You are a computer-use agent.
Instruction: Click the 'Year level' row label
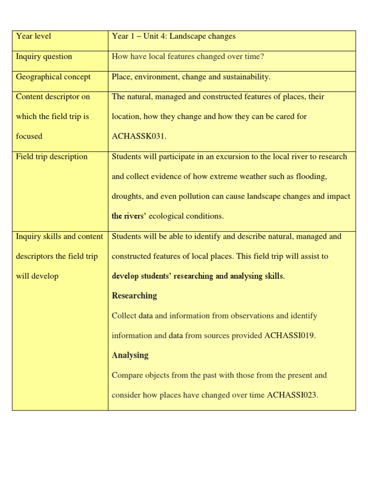[34, 36]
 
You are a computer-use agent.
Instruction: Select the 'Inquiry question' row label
[44, 57]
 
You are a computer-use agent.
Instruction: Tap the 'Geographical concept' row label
[53, 77]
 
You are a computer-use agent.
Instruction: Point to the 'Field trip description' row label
[52, 157]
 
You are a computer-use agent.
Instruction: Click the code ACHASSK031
[138, 136]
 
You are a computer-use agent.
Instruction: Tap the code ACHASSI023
[292, 395]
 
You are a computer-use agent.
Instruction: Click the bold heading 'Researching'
[134, 296]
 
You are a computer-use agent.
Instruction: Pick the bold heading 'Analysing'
[130, 355]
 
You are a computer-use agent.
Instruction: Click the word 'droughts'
[126, 197]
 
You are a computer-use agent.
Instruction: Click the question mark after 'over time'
[263, 57]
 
